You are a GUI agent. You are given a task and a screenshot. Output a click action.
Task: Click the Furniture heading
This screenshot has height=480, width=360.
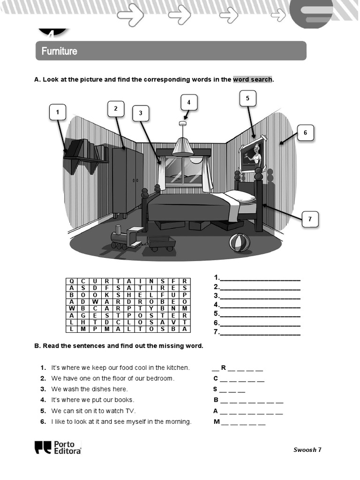[x=60, y=51]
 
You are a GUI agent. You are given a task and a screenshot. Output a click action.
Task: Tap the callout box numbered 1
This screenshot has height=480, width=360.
[x=58, y=112]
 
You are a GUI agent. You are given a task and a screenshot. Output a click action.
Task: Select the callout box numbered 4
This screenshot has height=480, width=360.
[x=189, y=103]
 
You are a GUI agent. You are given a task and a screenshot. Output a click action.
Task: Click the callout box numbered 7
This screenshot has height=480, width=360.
[x=310, y=219]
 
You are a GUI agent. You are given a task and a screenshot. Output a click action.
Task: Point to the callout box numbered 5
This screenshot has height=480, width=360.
[x=248, y=98]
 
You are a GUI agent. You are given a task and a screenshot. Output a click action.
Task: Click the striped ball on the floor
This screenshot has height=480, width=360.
[x=239, y=243]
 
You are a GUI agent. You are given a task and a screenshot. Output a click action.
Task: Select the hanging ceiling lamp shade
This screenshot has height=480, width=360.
[x=182, y=147]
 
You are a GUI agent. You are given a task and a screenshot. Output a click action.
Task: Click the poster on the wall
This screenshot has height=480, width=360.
[x=252, y=154]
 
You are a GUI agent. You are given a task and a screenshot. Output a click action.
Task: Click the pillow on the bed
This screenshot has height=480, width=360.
[x=240, y=195]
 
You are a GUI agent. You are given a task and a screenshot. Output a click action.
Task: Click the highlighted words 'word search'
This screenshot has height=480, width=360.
[x=253, y=80]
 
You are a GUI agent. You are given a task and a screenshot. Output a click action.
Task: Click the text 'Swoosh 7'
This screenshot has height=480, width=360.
[x=307, y=450]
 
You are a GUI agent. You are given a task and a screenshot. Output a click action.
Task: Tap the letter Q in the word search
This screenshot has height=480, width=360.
[x=72, y=281]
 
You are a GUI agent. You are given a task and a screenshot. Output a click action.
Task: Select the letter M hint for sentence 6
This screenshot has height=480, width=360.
[x=217, y=421]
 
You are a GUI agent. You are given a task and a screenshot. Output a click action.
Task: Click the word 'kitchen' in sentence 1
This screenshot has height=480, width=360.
[x=178, y=367]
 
